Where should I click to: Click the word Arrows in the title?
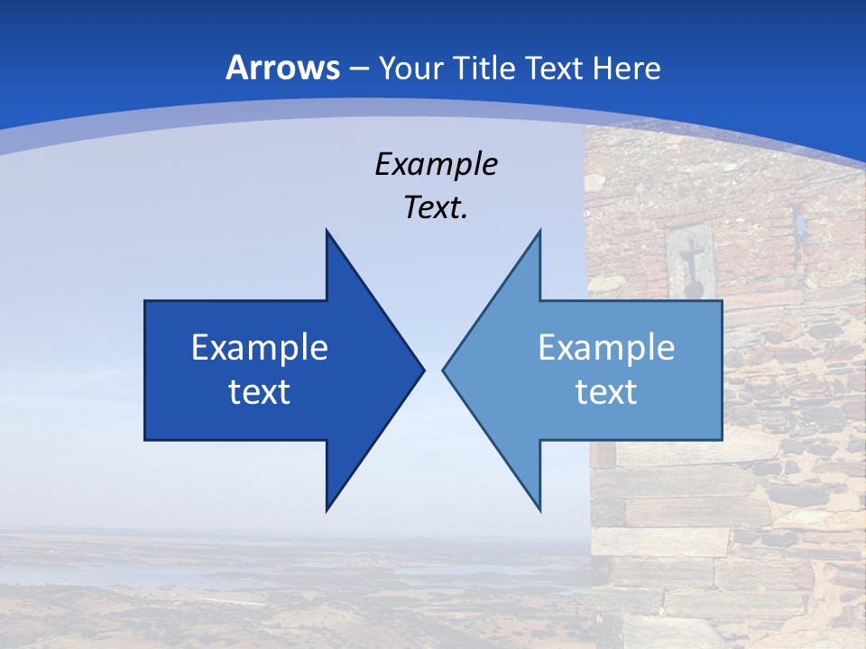pos(282,68)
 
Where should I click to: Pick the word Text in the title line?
pos(553,68)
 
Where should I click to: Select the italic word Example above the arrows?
pos(436,164)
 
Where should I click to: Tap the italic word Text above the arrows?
pos(432,207)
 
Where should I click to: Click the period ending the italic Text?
pos(465,217)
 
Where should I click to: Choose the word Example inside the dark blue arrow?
pos(260,347)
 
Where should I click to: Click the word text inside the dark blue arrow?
pos(260,391)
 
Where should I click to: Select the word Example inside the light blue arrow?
pos(606,347)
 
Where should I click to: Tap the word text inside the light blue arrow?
pos(606,391)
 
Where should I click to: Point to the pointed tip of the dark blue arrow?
pos(423,370)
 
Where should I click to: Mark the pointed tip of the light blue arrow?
pos(444,370)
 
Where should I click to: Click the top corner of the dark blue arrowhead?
pos(327,231)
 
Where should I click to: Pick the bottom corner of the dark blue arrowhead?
pos(327,510)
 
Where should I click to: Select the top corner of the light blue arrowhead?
pos(539,231)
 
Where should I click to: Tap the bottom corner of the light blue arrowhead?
pos(539,510)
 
